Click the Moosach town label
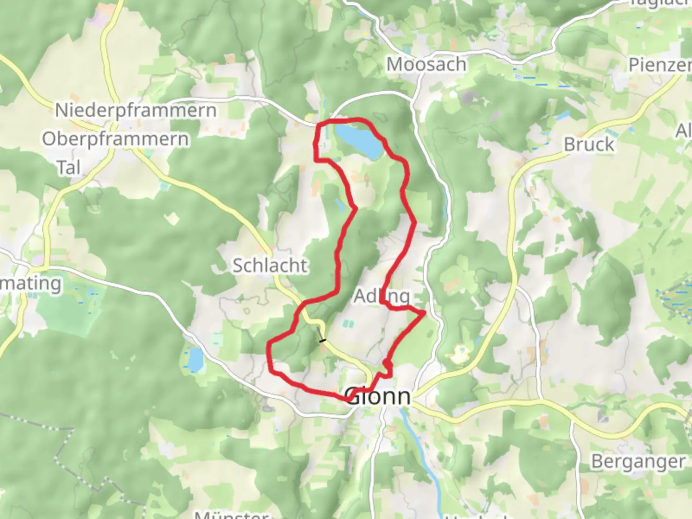[426, 64]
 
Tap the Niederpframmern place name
[136, 111]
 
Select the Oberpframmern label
[115, 139]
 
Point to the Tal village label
[69, 168]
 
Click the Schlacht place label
[270, 265]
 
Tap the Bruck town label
[589, 144]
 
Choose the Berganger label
[638, 461]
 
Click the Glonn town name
[379, 397]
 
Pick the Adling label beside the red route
[382, 296]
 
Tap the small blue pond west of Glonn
[195, 359]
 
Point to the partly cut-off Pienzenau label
[660, 65]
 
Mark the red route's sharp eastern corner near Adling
[424, 313]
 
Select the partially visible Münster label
[231, 514]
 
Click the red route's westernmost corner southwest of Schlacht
[269, 344]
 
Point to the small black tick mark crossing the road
[322, 341]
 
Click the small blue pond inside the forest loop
[340, 206]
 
